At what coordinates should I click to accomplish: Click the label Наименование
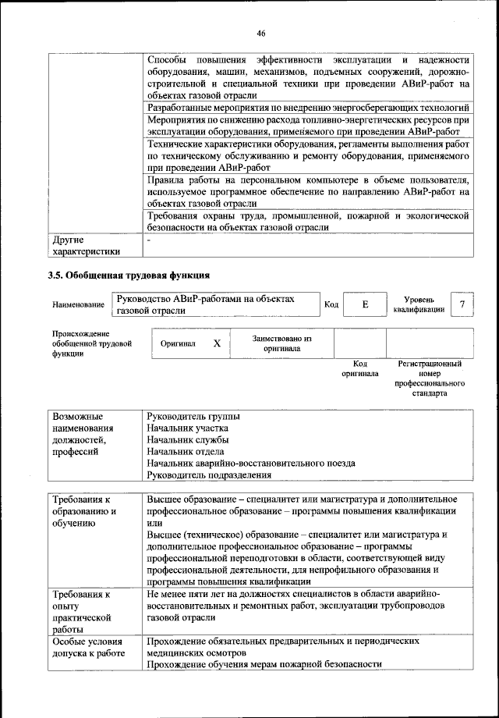click(x=78, y=305)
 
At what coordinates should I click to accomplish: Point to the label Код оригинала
click(x=359, y=368)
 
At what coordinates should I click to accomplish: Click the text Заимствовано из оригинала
click(x=282, y=343)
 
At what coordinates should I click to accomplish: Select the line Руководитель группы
click(x=193, y=416)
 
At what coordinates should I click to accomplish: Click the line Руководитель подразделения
click(x=209, y=475)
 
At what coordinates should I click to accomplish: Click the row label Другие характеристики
click(x=86, y=246)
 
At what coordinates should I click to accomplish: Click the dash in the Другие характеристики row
click(x=148, y=240)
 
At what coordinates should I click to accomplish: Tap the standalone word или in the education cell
click(x=154, y=522)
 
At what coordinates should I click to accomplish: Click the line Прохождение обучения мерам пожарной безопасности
click(x=264, y=663)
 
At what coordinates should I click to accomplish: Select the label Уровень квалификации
click(x=419, y=304)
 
